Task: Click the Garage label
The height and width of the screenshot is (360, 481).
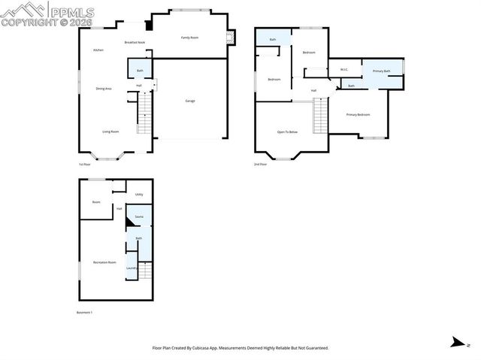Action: pos(190,101)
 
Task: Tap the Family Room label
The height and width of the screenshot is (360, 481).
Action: pos(189,37)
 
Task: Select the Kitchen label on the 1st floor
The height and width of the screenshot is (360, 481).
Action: pos(98,50)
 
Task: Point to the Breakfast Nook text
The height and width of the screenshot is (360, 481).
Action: pos(135,42)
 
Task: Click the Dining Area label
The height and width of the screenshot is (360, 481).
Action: pos(104,89)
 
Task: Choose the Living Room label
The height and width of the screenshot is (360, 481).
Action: pos(110,132)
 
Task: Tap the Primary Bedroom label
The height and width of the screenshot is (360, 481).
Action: pos(358,114)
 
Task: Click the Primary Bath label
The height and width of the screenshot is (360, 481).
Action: pos(382,71)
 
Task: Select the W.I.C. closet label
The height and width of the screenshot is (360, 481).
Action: pos(344,71)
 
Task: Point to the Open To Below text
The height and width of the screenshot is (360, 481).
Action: pos(287,132)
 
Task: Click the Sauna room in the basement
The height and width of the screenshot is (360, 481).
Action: pos(139,216)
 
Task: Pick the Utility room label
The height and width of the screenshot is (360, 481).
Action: pos(139,195)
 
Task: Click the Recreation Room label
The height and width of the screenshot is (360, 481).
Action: pos(104,262)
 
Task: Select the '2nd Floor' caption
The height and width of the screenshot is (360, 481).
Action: pos(261,164)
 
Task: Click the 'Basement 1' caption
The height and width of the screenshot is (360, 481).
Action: pos(85,312)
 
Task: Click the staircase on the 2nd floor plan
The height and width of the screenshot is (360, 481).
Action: pos(321,117)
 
